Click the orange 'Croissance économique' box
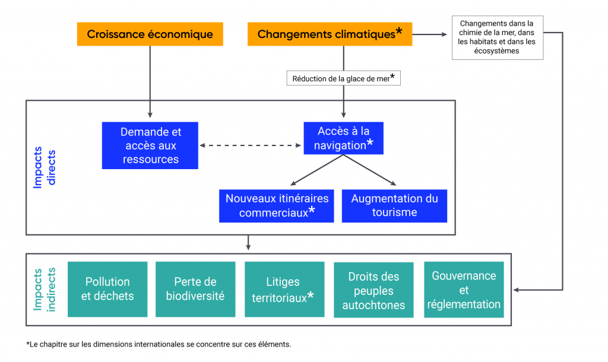[x=150, y=34]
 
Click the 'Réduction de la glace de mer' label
[x=343, y=78]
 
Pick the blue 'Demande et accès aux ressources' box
[x=150, y=145]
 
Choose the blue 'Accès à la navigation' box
[x=343, y=138]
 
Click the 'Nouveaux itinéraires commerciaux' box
[x=276, y=206]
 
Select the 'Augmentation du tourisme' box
[x=394, y=206]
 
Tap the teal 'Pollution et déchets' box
[x=107, y=289]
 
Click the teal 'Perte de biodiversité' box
[x=195, y=289]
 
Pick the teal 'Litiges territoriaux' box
[x=284, y=289]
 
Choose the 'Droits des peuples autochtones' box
[x=373, y=291]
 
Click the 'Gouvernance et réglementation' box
[x=464, y=290]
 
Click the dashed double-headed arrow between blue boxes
[x=250, y=145]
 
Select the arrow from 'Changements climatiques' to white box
[x=430, y=34]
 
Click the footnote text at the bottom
[x=159, y=344]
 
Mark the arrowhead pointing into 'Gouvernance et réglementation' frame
[x=516, y=290]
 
